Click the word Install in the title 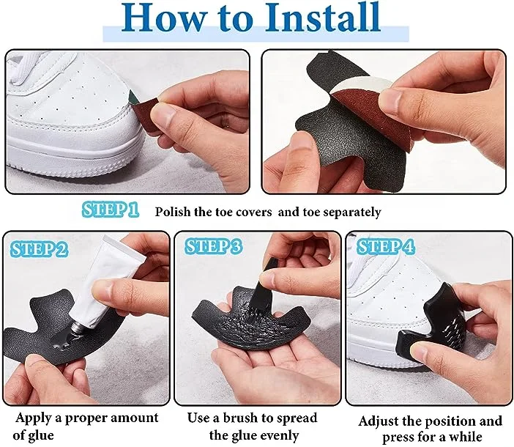tap(323, 17)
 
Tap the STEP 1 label tap(110, 210)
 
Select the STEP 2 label tap(39, 249)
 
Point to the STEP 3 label tap(213, 247)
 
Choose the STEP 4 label tap(385, 247)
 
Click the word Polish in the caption tap(172, 212)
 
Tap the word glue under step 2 tap(41, 436)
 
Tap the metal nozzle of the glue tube tap(79, 328)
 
